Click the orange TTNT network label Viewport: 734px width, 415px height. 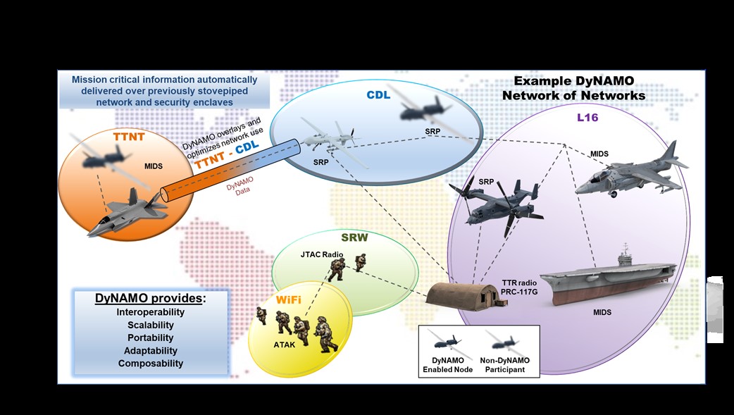coord(129,137)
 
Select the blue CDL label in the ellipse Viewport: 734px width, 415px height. coord(378,94)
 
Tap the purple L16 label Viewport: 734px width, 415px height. coord(587,117)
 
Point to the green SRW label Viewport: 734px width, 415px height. coord(354,237)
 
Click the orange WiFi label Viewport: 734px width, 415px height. coord(288,299)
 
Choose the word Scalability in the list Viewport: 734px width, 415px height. coord(151,325)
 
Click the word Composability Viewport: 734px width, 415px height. coord(151,364)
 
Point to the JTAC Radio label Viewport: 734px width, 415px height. coord(322,254)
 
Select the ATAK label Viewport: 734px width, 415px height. coord(285,345)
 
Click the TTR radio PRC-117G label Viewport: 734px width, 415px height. coord(519,287)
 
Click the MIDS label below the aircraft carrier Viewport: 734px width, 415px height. coord(602,312)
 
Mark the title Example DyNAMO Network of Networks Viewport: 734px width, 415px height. coord(574,88)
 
